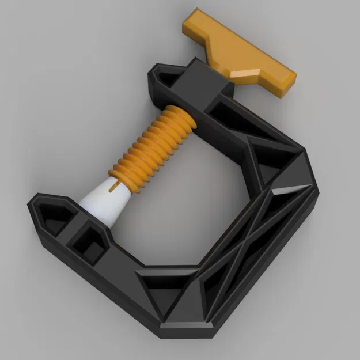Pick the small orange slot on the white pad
point(119,185)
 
